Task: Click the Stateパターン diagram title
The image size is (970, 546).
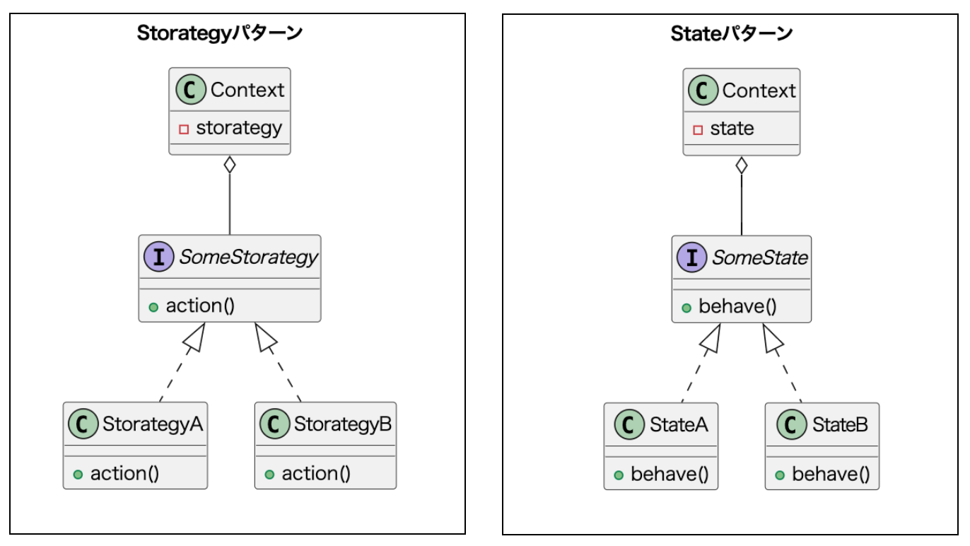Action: pyautogui.click(x=731, y=33)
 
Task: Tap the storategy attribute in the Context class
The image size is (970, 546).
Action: pyautogui.click(x=238, y=128)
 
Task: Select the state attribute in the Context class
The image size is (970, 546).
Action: pyautogui.click(x=732, y=129)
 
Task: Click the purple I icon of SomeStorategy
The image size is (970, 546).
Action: pyautogui.click(x=159, y=257)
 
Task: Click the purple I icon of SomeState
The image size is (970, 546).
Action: pyautogui.click(x=691, y=258)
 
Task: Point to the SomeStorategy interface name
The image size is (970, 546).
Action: pyautogui.click(x=248, y=257)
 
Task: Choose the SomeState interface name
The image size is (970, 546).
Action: pyautogui.click(x=759, y=258)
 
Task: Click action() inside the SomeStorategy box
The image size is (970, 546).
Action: pyautogui.click(x=199, y=306)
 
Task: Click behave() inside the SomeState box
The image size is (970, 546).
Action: pyautogui.click(x=737, y=307)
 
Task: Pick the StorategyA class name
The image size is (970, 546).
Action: pyautogui.click(x=152, y=424)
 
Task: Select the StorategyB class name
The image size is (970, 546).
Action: pyautogui.click(x=342, y=424)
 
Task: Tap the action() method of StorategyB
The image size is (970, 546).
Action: pyautogui.click(x=315, y=474)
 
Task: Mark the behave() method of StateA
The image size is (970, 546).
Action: pyautogui.click(x=669, y=475)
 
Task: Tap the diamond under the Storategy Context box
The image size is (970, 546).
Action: pyautogui.click(x=229, y=165)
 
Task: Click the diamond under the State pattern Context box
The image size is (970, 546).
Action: pyautogui.click(x=741, y=166)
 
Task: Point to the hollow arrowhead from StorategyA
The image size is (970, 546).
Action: pyautogui.click(x=194, y=337)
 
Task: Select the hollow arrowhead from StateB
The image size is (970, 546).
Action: pyautogui.click(x=772, y=338)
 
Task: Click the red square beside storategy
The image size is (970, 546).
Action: pyautogui.click(x=184, y=129)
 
